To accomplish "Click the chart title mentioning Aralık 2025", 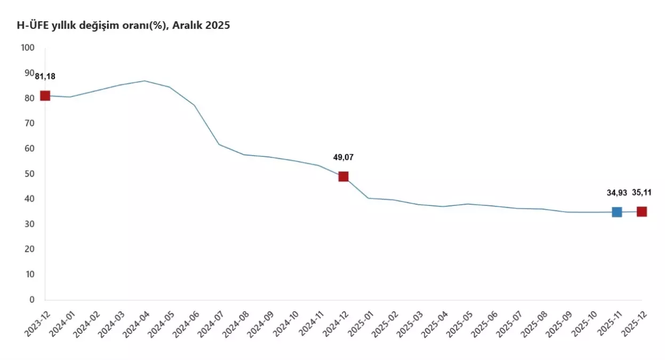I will coord(123,25).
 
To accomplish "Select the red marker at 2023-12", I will coord(45,96).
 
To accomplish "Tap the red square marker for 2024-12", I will coord(343,177).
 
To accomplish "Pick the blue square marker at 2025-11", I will coord(616,212).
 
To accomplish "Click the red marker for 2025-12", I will coord(642,212).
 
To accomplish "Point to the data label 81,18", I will coord(45,76).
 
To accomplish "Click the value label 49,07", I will coord(343,157).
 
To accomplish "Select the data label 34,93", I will coord(616,193).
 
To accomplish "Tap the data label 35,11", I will coord(642,193).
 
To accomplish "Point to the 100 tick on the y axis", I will coord(27,47).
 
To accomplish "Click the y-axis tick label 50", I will coord(29,174).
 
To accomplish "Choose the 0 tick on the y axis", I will coord(31,300).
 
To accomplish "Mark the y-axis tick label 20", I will coord(29,249).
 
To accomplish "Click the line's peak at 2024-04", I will coord(145,81).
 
